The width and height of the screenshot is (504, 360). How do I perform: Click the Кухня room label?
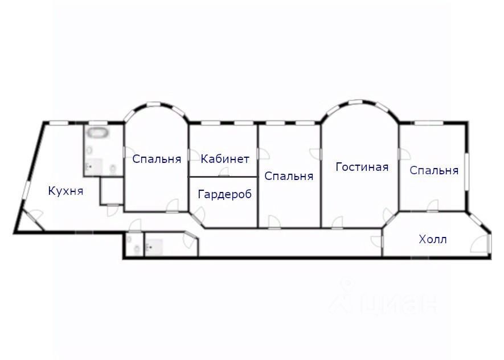pyautogui.click(x=66, y=191)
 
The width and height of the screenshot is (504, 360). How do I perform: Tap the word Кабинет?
pyautogui.click(x=225, y=159)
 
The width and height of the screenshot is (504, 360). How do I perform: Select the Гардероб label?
pyautogui.click(x=224, y=194)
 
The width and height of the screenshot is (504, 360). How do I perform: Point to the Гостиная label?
pyautogui.click(x=362, y=167)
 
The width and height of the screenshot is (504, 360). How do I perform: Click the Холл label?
pyautogui.click(x=432, y=239)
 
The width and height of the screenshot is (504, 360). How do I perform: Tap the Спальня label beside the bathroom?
pyautogui.click(x=157, y=159)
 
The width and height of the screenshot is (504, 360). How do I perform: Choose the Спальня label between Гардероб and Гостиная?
pyautogui.click(x=289, y=176)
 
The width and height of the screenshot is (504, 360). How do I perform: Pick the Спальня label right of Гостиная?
pyautogui.click(x=433, y=170)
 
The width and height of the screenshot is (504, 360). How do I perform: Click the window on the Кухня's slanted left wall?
pyautogui.click(x=26, y=189)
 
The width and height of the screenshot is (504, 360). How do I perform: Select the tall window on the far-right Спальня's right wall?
pyautogui.click(x=466, y=169)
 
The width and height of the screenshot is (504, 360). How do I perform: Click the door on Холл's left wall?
pyautogui.click(x=378, y=242)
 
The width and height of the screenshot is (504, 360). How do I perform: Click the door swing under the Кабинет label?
pyautogui.click(x=224, y=173)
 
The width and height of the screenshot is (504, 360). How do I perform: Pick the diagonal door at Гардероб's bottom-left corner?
pyautogui.click(x=198, y=216)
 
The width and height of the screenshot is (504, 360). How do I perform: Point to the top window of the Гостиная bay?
pyautogui.click(x=359, y=104)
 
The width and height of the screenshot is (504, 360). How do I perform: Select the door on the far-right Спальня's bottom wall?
pyautogui.click(x=433, y=206)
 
